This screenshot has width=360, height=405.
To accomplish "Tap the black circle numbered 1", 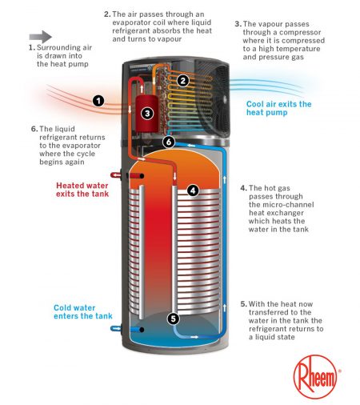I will (x=98, y=101).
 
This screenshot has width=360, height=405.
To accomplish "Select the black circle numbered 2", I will (x=183, y=80).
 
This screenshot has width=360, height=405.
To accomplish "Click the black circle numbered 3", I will (x=147, y=113).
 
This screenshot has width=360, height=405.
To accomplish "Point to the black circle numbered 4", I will (x=193, y=190).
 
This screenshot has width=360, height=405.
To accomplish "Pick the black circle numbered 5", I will (x=174, y=318).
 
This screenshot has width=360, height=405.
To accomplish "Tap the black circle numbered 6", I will (x=169, y=142).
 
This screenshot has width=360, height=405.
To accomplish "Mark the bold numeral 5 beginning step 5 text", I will (x=243, y=305).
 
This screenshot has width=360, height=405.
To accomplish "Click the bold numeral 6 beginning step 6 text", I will (x=33, y=129).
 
